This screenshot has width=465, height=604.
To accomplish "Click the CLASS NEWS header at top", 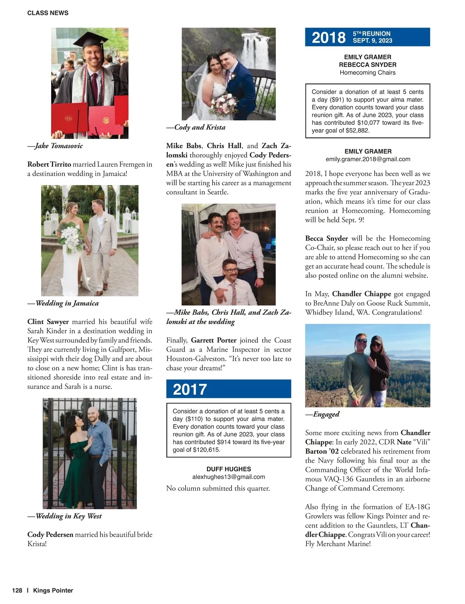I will pyautogui.click(x=48, y=13).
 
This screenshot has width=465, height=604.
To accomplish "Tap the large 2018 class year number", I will pyautogui.click(x=328, y=37).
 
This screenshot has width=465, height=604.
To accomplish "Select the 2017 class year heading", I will pyautogui.click(x=190, y=389).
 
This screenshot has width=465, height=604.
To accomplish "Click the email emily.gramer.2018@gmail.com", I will pyautogui.click(x=368, y=159).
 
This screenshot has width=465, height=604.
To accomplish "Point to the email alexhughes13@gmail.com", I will pyautogui.click(x=229, y=477).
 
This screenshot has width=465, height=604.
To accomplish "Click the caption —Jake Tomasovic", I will pyautogui.click(x=55, y=146).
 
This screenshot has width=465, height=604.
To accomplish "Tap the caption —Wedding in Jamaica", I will pyautogui.click(x=63, y=303).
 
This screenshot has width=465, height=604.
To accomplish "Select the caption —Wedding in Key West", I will pyautogui.click(x=65, y=516).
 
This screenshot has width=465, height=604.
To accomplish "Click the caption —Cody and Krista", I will pyautogui.click(x=196, y=127).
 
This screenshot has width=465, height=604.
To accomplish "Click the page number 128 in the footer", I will pyautogui.click(x=17, y=590).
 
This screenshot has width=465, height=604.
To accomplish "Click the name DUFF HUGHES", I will pyautogui.click(x=229, y=469).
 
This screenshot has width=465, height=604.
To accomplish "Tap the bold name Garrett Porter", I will pyautogui.click(x=214, y=340).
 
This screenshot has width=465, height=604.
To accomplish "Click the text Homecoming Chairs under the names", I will pyautogui.click(x=367, y=72).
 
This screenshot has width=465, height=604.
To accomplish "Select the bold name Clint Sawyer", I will pyautogui.click(x=48, y=321).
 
